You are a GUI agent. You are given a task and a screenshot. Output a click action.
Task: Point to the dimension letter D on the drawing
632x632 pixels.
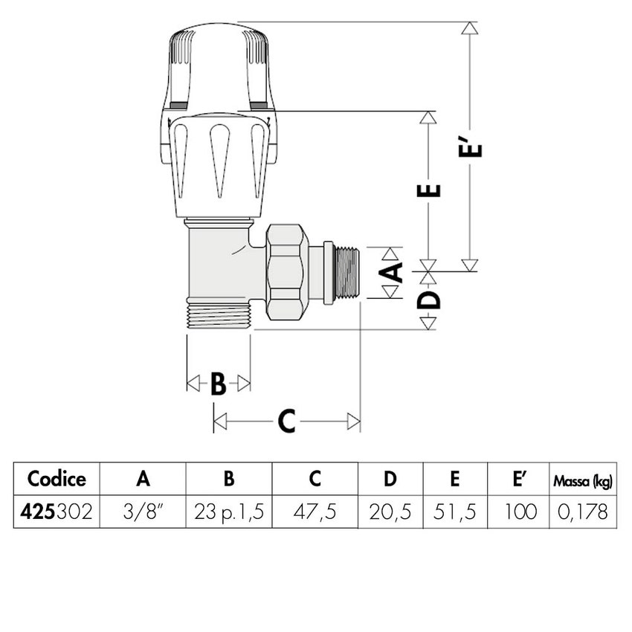pos(429,300)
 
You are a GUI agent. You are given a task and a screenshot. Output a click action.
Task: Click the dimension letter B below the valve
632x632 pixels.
pos(218,384)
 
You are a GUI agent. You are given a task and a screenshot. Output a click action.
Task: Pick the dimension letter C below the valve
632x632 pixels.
pos(286,422)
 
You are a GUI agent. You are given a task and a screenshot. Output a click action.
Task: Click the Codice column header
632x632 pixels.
pos(57,479)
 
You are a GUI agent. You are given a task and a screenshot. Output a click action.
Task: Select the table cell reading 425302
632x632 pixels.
pos(57,512)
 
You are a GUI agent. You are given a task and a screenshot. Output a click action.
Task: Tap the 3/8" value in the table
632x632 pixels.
pos(144,512)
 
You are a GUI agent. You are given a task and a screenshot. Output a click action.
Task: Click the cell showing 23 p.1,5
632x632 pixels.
pos(229,512)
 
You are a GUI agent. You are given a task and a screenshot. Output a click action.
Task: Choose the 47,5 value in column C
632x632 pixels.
pos(315,512)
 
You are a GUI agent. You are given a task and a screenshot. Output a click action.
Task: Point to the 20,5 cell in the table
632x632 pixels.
pos(390,512)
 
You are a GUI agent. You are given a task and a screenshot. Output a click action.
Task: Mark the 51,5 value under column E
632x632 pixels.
pos(455,512)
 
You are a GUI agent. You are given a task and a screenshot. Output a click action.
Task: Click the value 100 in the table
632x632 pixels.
pos(517,512)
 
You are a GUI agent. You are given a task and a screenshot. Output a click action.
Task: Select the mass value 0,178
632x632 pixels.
pos(582,512)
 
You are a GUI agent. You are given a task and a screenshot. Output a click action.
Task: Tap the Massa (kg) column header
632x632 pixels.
pos(582,480)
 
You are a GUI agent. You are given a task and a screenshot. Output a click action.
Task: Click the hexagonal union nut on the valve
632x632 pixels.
pos(286,273)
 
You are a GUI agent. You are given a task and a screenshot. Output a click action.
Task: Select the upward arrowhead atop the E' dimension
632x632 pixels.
pos(468,29)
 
